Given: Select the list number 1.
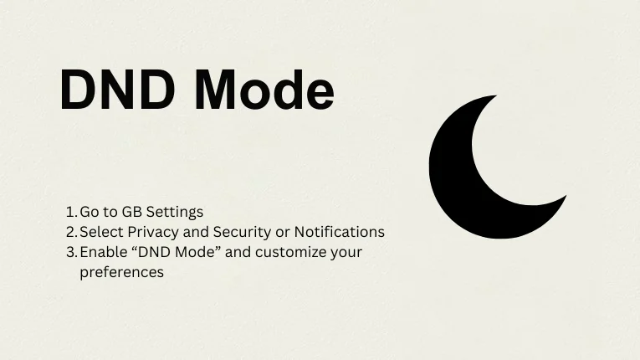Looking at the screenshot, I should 69,212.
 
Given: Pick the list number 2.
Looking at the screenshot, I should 70,232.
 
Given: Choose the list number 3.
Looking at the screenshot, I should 70,252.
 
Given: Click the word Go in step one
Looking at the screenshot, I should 90,212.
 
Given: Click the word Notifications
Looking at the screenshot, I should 339,232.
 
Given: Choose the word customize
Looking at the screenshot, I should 287,252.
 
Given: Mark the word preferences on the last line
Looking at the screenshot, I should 121,272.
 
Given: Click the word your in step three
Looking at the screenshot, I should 346,252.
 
